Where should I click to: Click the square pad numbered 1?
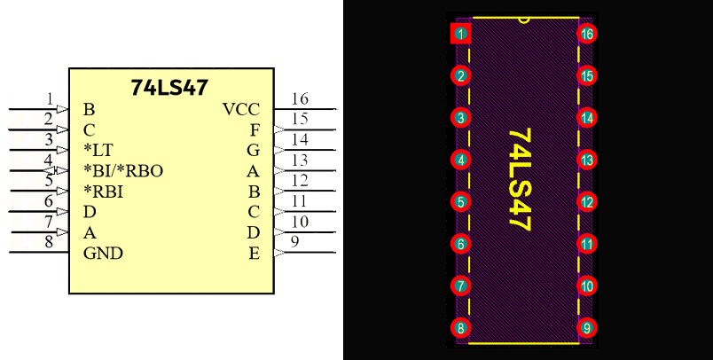pyautogui.click(x=460, y=34)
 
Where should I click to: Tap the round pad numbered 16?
pyautogui.click(x=587, y=34)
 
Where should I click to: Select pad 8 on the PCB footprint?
pyautogui.click(x=460, y=328)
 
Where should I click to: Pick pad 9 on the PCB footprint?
pyautogui.click(x=587, y=328)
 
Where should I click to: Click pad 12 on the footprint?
pyautogui.click(x=587, y=202)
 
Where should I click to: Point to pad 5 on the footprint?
pyautogui.click(x=460, y=202)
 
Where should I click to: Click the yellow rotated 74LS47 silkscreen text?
pyautogui.click(x=520, y=179)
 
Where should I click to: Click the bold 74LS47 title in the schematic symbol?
pyautogui.click(x=169, y=87)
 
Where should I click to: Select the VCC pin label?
pyautogui.click(x=241, y=110)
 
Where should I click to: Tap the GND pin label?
pyautogui.click(x=103, y=254)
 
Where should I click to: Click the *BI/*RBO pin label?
pyautogui.click(x=123, y=171)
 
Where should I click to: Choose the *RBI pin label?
pyautogui.click(x=103, y=192)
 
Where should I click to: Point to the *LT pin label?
pyautogui.click(x=98, y=150)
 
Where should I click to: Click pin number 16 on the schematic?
pyautogui.click(x=300, y=98)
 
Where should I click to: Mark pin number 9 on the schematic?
pyautogui.click(x=295, y=242)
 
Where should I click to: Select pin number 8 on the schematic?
pyautogui.click(x=49, y=242)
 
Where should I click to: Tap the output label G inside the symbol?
pyautogui.click(x=254, y=150)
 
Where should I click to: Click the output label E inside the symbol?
pyautogui.click(x=255, y=254)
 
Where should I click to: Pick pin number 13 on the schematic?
pyautogui.click(x=300, y=160)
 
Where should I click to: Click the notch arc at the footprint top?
pyautogui.click(x=524, y=20)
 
